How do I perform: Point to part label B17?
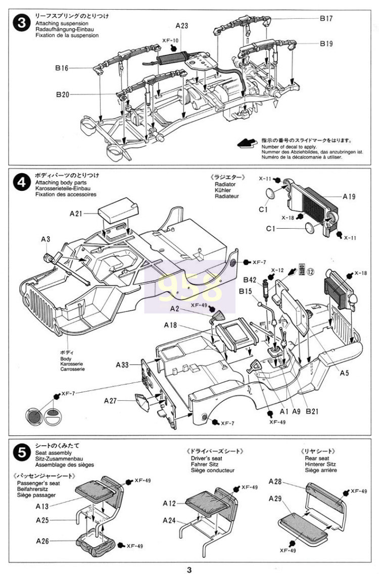[x=326, y=19]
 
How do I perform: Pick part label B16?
[x=62, y=67]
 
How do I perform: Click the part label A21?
[x=76, y=214]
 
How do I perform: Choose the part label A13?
[x=42, y=505]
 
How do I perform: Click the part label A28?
[x=275, y=481]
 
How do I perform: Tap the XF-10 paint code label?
[x=171, y=40]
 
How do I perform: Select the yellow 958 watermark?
[x=189, y=286]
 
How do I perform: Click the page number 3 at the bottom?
[x=189, y=570]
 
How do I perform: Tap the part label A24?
[x=169, y=520]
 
